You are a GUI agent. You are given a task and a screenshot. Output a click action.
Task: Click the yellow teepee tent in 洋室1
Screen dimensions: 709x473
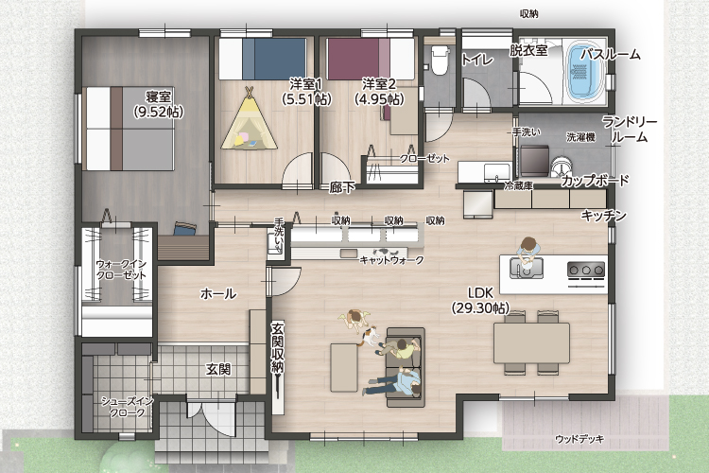[x=249, y=120]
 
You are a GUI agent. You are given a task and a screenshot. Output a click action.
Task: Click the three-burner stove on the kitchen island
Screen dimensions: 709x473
[x=586, y=271]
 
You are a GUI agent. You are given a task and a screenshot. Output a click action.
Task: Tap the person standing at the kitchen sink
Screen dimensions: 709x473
[x=527, y=254]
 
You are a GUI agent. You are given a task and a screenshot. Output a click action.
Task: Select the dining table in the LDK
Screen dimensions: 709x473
[x=531, y=342]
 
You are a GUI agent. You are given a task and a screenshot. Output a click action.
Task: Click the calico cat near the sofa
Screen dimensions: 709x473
[x=369, y=336]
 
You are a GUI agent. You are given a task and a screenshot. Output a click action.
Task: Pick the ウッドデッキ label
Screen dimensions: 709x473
[x=579, y=439]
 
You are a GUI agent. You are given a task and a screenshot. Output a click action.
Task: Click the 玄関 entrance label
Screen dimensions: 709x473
[x=218, y=369]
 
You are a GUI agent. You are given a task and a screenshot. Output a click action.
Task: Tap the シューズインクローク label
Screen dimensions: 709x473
[x=127, y=407]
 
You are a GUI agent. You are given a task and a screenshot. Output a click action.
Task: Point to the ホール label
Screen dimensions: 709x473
[x=218, y=294]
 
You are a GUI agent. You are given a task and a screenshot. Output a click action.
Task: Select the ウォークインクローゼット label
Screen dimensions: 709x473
[x=121, y=270]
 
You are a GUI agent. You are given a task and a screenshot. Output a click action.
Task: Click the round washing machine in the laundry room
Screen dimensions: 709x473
[x=561, y=166]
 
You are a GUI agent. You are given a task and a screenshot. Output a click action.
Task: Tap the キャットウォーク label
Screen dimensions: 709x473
[x=391, y=260]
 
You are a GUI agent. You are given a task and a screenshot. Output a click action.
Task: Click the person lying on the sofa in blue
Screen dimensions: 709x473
[x=394, y=383]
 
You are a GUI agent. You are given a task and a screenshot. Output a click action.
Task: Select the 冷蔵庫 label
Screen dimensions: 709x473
[x=518, y=185]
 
